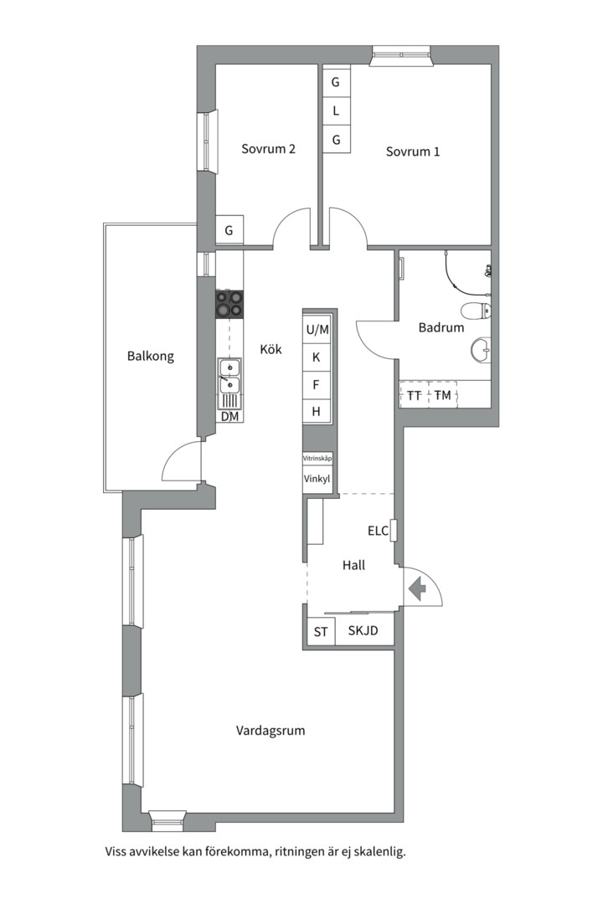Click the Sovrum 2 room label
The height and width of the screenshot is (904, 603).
tap(268, 149)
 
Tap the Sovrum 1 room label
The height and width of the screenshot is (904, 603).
tap(413, 152)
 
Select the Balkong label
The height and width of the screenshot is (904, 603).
tap(151, 357)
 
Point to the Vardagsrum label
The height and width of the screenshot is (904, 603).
tap(271, 731)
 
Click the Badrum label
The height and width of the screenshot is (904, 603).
tap(441, 327)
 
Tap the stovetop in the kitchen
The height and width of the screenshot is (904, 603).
tap(229, 304)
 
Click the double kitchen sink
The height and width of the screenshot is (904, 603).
tap(229, 375)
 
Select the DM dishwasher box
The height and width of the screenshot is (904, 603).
tap(229, 416)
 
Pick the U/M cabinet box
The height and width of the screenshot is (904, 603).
tap(317, 329)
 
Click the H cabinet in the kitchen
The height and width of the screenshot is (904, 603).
tap(317, 411)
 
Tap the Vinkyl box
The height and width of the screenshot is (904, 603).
tap(317, 479)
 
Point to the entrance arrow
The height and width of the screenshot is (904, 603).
tap(417, 589)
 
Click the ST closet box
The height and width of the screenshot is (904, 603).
tap(321, 632)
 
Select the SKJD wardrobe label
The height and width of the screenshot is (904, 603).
tap(363, 630)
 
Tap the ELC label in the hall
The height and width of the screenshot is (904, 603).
tap(378, 531)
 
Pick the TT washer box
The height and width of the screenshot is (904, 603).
tap(415, 395)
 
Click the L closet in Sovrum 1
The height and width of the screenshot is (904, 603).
tap(337, 110)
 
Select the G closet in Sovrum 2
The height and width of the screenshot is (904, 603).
tap(229, 231)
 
